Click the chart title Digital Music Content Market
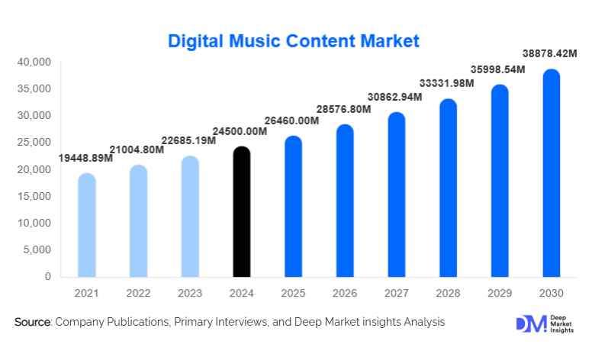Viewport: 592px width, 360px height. coord(294,39)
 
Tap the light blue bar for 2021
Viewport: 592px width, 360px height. coord(87,225)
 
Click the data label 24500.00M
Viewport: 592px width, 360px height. coord(240,132)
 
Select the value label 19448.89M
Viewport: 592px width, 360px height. coord(85,159)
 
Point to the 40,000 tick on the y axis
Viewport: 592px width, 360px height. coord(33,62)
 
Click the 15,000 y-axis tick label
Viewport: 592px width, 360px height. coord(33,196)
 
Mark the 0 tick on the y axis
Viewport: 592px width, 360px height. coord(47,277)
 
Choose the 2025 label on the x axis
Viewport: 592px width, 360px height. coord(293,294)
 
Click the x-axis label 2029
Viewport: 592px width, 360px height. coord(499,294)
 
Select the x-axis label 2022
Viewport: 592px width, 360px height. coord(138,294)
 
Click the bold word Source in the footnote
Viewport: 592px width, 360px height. coord(31,323)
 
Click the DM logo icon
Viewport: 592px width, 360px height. coord(532,323)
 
